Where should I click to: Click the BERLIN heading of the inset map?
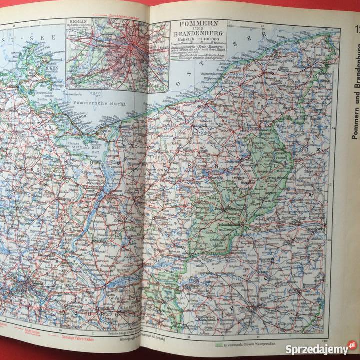[x=79, y=23]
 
